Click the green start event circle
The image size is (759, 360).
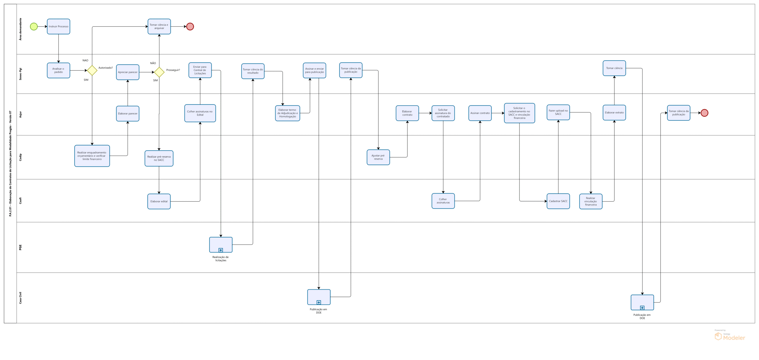34,26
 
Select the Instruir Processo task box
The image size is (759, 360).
58,26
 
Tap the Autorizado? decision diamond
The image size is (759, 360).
92,70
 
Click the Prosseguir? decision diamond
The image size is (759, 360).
159,72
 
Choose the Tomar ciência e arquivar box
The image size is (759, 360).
159,26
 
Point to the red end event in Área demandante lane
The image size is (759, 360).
190,26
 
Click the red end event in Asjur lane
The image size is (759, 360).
704,113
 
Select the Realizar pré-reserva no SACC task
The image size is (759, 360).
159,158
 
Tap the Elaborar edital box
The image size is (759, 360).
159,201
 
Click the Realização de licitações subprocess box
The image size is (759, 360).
221,245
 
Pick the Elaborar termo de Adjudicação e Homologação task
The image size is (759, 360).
287,113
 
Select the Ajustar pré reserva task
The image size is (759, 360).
378,157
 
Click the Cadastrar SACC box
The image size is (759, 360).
558,201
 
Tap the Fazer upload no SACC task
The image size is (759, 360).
558,112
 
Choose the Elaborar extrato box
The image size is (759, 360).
614,112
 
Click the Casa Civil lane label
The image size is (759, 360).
20,298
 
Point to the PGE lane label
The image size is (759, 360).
20,247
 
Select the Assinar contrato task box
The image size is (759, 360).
480,113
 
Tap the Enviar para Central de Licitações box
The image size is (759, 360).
200,70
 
